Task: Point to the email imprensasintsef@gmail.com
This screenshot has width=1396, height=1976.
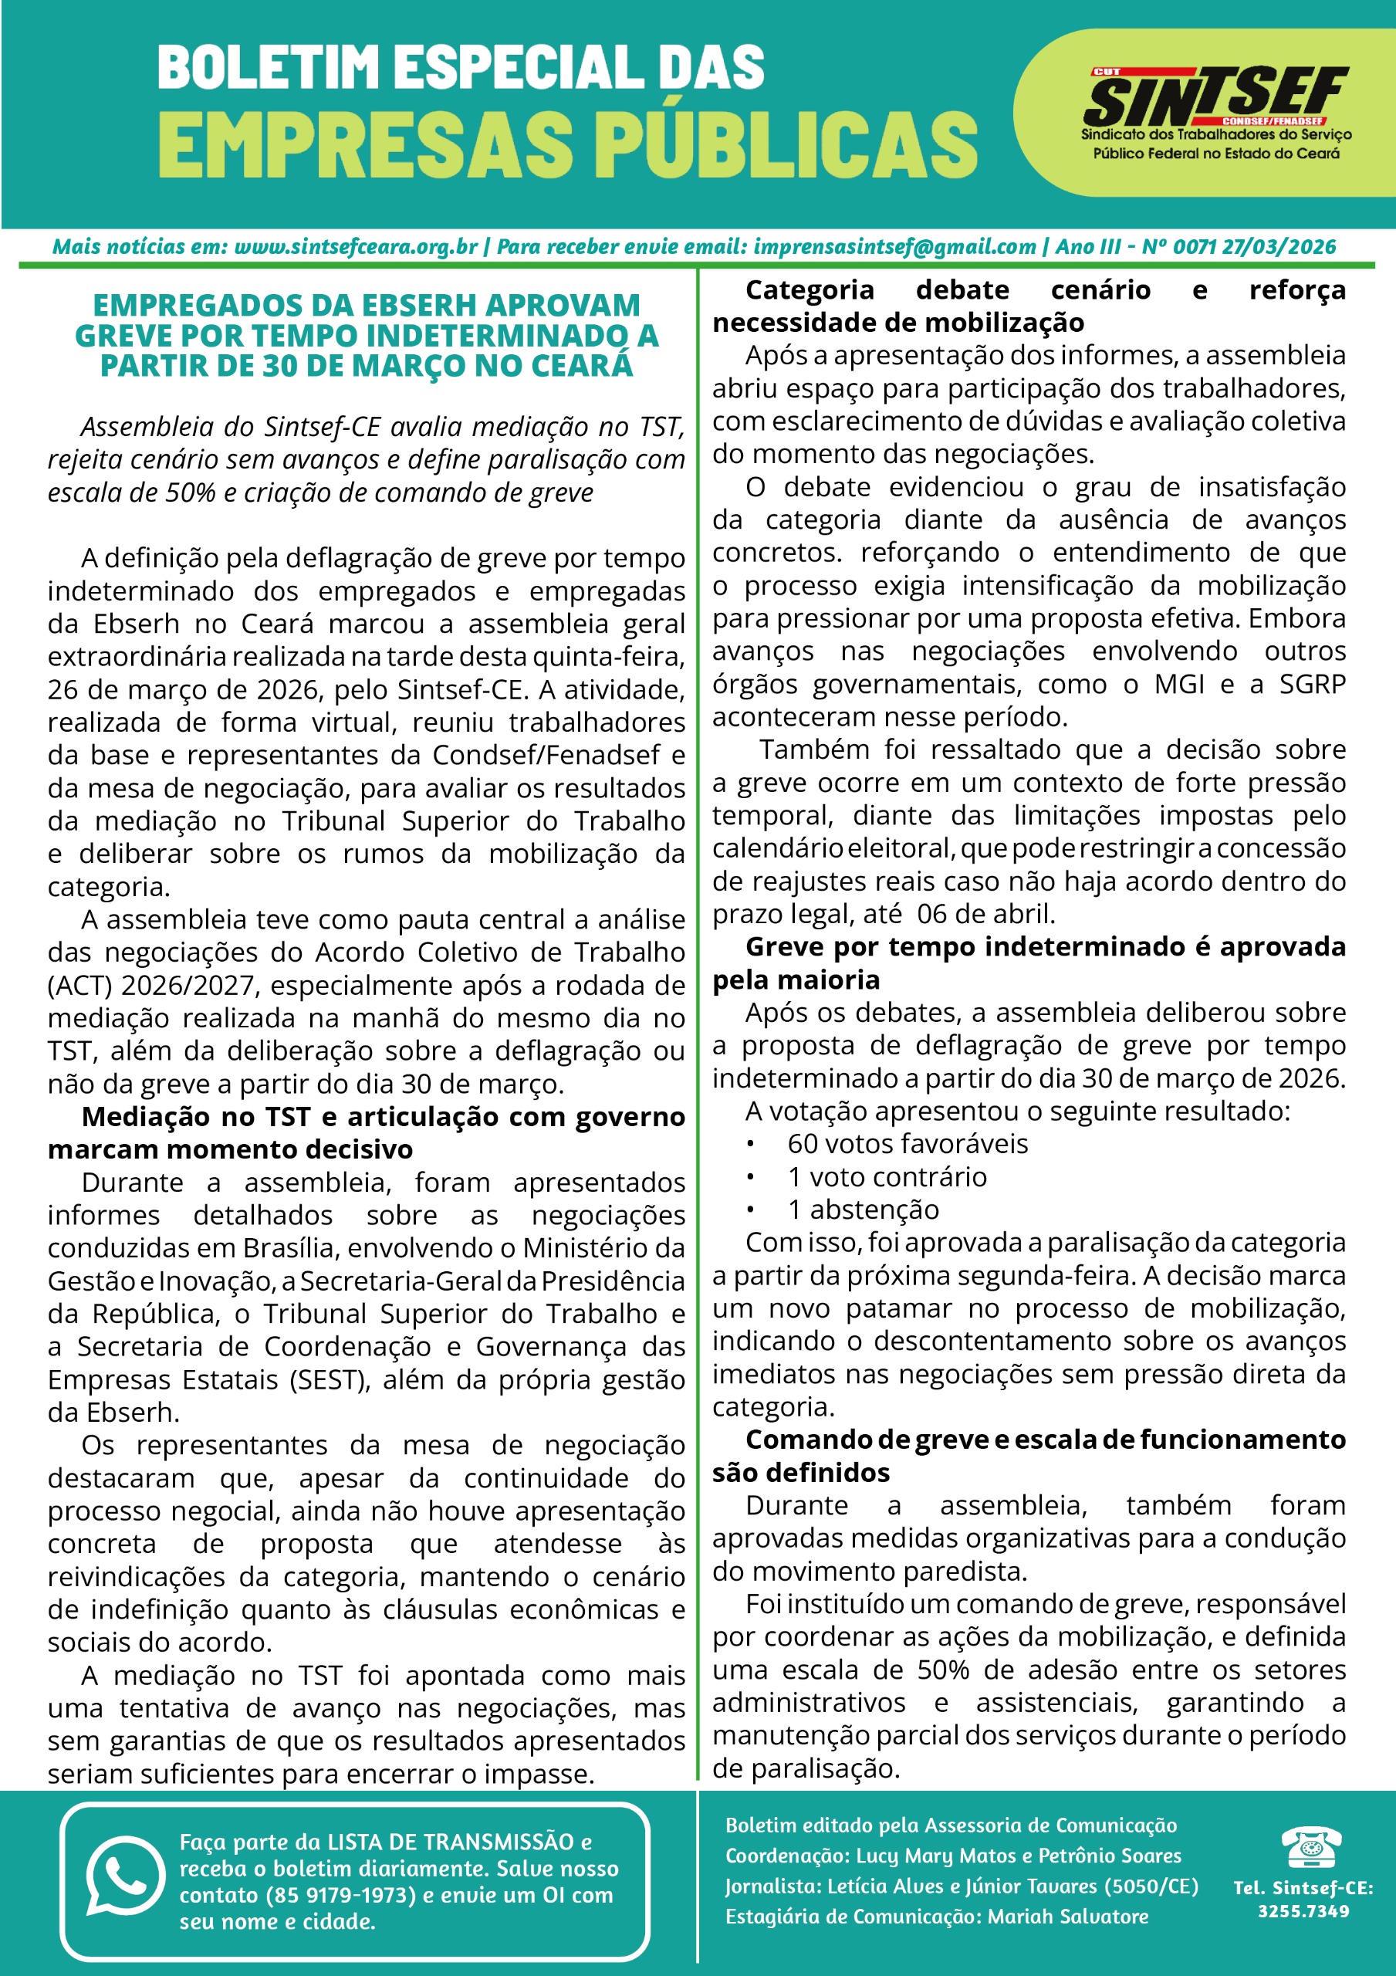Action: (x=894, y=247)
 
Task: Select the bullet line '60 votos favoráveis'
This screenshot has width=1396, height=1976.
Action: (x=908, y=1144)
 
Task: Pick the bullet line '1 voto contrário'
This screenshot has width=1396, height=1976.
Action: (x=887, y=1176)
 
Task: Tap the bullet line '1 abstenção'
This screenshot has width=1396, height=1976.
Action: (x=863, y=1210)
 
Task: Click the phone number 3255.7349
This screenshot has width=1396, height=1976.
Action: (x=1303, y=1911)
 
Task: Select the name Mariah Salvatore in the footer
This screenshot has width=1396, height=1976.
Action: (x=1067, y=1917)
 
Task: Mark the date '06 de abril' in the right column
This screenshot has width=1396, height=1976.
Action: (x=985, y=914)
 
